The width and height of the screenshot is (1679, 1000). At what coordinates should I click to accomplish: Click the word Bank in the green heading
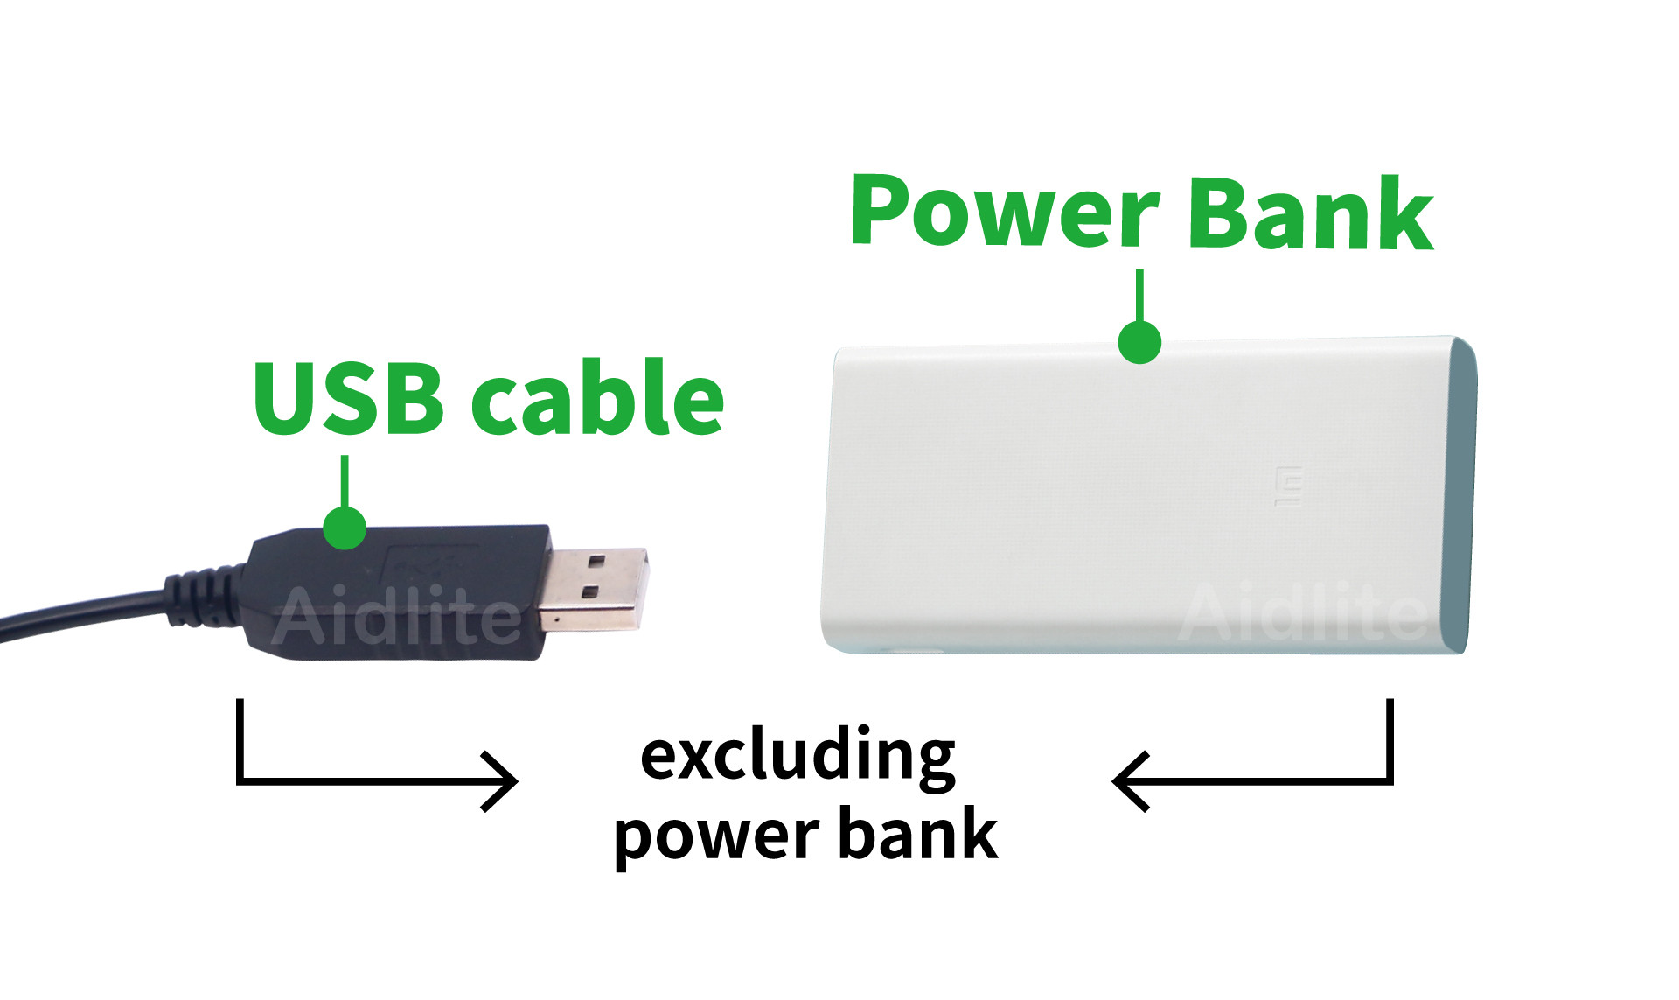pos(1312,213)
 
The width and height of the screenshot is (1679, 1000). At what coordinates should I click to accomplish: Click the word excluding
pos(798,756)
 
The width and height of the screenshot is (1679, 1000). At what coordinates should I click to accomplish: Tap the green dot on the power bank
pos(1139,341)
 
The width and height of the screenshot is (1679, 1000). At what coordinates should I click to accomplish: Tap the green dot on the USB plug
pos(345,528)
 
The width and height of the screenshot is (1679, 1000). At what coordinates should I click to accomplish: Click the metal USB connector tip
pos(593,589)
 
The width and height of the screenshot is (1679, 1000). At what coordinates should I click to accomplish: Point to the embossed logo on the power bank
pos(1288,487)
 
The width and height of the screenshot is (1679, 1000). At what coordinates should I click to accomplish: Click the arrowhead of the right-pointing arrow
pos(501,781)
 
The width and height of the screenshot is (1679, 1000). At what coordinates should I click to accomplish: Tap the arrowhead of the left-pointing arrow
pos(1130,781)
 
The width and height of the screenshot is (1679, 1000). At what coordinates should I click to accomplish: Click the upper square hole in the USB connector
pos(597,561)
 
